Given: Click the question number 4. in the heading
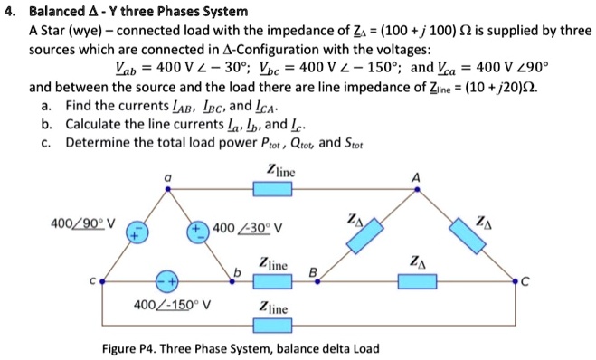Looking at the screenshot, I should pos(10,12).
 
